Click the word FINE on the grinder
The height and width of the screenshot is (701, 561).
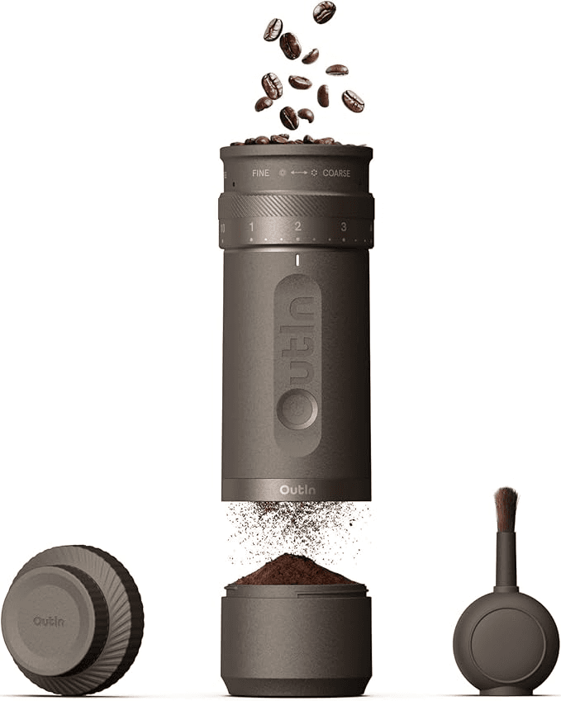coord(260,174)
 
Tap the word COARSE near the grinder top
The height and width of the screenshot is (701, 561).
coord(336,174)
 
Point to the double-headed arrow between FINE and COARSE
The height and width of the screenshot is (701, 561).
coord(298,174)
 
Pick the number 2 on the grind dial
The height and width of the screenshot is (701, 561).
coord(297,226)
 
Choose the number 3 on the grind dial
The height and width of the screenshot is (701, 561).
coord(343,226)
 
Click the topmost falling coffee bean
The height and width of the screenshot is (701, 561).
coord(324,12)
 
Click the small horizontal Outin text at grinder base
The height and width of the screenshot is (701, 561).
coord(296,490)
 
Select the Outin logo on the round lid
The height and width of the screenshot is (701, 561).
coord(49,620)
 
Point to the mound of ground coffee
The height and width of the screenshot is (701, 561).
coord(295,571)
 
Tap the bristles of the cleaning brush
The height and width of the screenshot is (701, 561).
coord(506,507)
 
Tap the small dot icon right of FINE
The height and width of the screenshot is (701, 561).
coord(283,174)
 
